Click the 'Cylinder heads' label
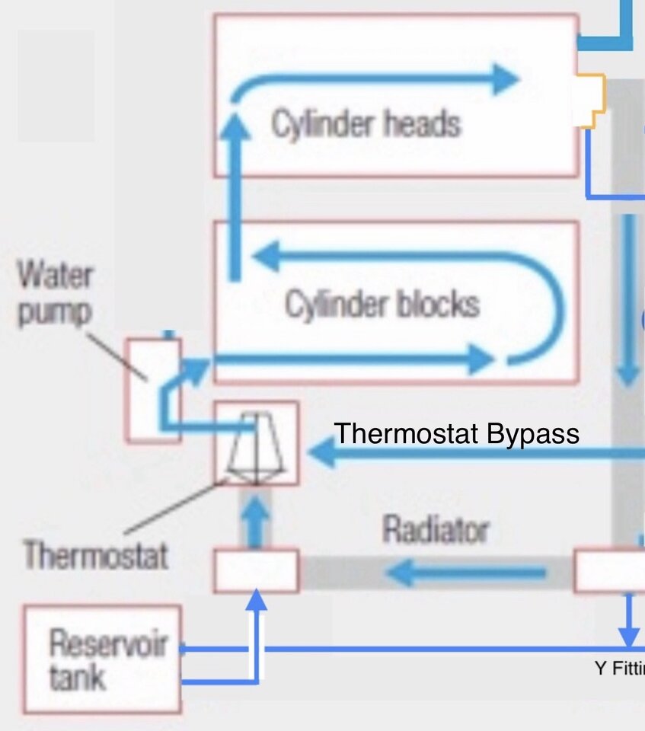tap(366, 123)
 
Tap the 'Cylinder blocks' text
tap(382, 304)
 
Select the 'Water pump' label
tap(55, 294)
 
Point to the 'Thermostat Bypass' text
tap(457, 434)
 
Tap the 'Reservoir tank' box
tap(102, 659)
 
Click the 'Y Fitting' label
tap(619, 669)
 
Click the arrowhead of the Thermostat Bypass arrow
tap(321, 455)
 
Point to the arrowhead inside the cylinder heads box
tap(504, 78)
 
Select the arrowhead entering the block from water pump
tap(196, 369)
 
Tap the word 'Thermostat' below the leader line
tap(94, 555)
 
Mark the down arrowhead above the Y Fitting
tap(628, 634)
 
